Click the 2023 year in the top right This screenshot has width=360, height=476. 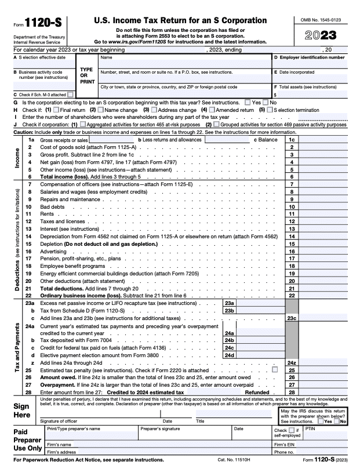coord(321,36)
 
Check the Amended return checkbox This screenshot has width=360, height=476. coord(212,110)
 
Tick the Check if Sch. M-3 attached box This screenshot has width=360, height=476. coord(70,94)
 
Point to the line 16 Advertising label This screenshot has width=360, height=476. coord(53,251)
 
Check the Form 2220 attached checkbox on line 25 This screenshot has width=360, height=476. coord(274,370)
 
